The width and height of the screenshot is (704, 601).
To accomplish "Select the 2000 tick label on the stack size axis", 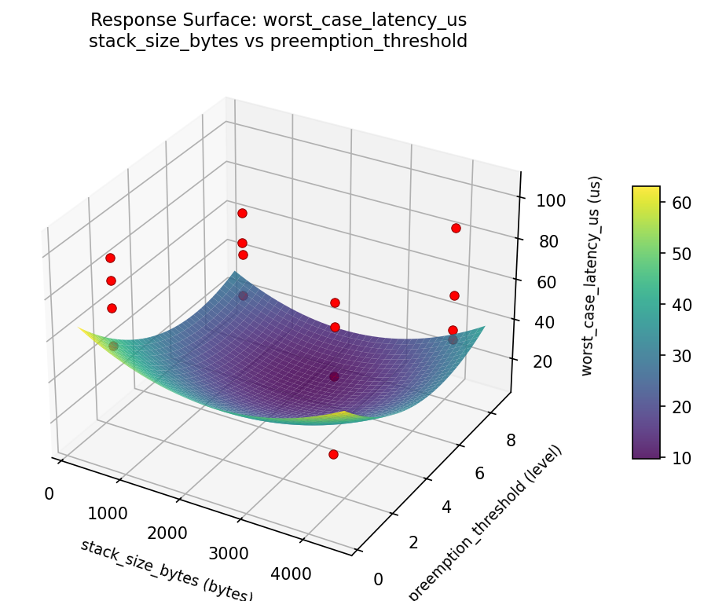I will pyautogui.click(x=167, y=533).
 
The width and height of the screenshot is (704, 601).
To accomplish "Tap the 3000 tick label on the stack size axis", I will pyautogui.click(x=229, y=553).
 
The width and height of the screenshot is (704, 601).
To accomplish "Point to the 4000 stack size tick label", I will pyautogui.click(x=291, y=574).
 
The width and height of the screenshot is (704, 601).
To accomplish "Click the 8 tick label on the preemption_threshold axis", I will pyautogui.click(x=511, y=440).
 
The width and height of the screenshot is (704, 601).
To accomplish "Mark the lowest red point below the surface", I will pyautogui.click(x=333, y=454).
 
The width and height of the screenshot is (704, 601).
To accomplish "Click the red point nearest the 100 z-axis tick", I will pyautogui.click(x=456, y=228).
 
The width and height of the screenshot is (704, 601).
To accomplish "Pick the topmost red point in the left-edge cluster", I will pyautogui.click(x=110, y=258).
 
